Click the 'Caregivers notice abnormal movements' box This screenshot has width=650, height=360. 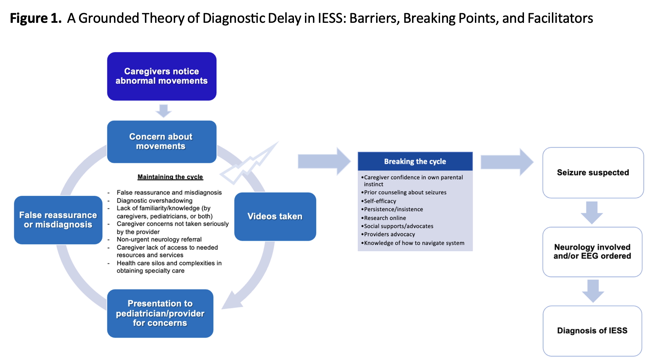pyautogui.click(x=162, y=76)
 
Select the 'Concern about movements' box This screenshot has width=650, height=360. pyautogui.click(x=162, y=142)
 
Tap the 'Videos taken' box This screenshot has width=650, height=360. pyautogui.click(x=275, y=217)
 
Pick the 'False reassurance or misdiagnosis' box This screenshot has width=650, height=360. pyautogui.click(x=58, y=220)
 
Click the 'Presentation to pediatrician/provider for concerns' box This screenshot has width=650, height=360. pyautogui.click(x=160, y=313)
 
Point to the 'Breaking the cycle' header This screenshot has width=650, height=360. pyautogui.click(x=415, y=161)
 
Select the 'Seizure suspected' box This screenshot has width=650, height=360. pyautogui.click(x=593, y=173)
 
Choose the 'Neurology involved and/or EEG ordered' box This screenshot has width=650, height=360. pyautogui.click(x=592, y=252)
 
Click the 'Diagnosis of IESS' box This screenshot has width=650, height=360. pyautogui.click(x=592, y=331)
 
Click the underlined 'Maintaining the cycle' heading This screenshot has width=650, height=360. pyautogui.click(x=170, y=177)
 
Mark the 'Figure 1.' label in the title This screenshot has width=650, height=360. pyautogui.click(x=36, y=18)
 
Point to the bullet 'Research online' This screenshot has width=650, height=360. pyautogui.click(x=385, y=218)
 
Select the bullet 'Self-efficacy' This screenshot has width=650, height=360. pyautogui.click(x=380, y=201)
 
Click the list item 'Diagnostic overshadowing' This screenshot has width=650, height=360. pyautogui.click(x=154, y=201)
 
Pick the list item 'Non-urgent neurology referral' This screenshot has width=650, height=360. pyautogui.click(x=159, y=239)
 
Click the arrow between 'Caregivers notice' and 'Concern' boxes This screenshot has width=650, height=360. pyautogui.click(x=163, y=111)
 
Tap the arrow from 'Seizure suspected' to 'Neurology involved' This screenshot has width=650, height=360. pyautogui.click(x=592, y=212)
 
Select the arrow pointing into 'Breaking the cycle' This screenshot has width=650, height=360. pyautogui.click(x=324, y=161)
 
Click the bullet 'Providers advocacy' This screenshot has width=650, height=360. pyautogui.click(x=389, y=234)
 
